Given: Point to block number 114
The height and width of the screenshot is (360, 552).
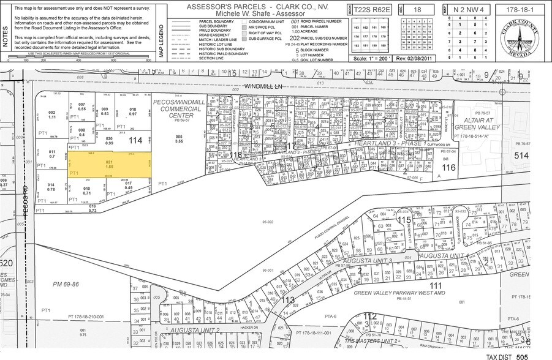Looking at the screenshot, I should click(136, 140).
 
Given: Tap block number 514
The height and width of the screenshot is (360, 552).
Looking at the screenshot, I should click(521, 156).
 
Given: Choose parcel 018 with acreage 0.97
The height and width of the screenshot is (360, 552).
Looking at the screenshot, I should click(132, 113).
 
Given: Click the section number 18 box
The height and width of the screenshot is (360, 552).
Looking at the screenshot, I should click(418, 10).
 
